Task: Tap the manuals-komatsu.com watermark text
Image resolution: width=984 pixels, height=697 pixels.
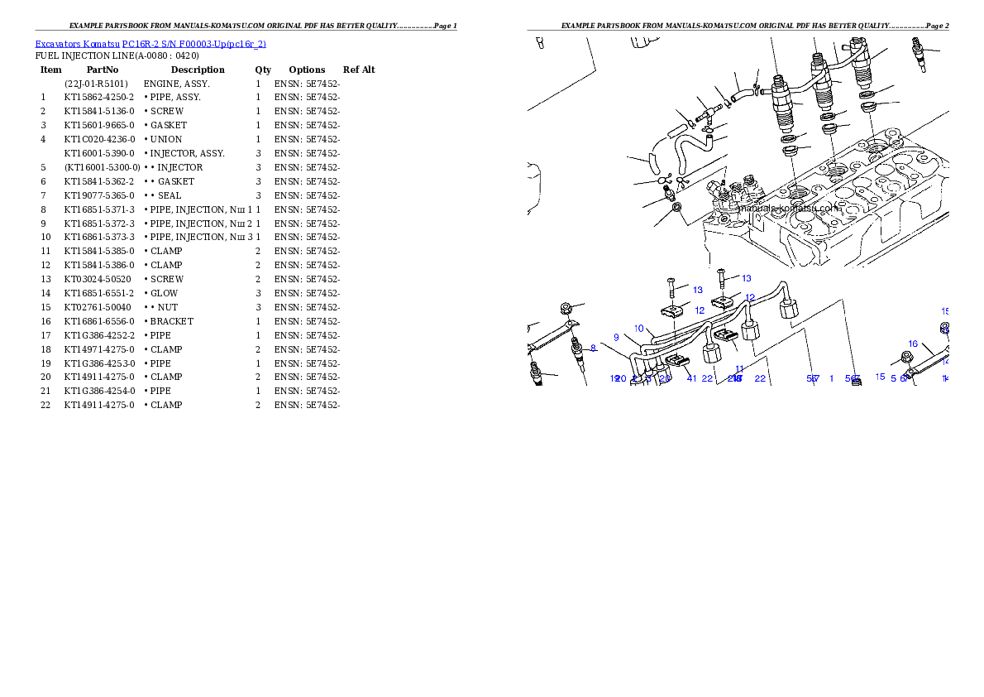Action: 790,208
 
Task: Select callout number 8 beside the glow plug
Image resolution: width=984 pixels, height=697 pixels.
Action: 593,348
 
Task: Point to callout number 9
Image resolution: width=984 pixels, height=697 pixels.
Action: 616,338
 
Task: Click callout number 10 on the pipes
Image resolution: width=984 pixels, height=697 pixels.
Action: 639,329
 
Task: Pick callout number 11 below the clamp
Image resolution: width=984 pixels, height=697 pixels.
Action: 739,368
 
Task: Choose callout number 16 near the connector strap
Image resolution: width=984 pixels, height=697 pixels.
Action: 913,344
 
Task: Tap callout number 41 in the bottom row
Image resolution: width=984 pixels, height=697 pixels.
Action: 691,378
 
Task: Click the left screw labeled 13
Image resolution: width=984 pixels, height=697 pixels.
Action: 671,288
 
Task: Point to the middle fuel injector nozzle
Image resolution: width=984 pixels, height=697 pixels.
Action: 824,87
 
